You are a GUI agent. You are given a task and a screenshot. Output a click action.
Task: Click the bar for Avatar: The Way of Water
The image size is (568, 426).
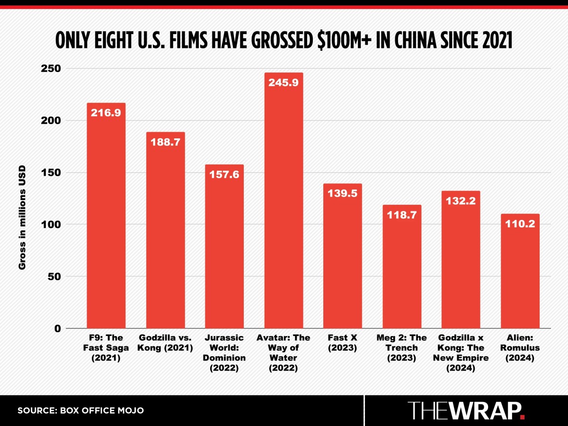tap(284, 204)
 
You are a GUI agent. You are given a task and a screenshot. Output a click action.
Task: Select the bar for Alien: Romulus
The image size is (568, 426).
tap(520, 275)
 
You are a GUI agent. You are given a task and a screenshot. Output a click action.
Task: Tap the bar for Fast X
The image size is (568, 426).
tap(342, 261)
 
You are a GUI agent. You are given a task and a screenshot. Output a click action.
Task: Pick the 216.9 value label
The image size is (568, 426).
tap(106, 113)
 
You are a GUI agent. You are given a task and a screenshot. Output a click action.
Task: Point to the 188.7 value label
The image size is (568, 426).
tap(165, 142)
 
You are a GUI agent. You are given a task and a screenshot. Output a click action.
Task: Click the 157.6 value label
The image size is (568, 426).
tap(224, 174)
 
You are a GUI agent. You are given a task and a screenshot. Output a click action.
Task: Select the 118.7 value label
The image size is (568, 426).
tap(401, 215)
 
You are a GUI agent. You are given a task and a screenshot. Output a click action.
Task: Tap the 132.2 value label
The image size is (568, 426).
tap(461, 201)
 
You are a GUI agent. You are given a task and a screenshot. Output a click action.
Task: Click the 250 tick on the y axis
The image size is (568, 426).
tap(51, 68)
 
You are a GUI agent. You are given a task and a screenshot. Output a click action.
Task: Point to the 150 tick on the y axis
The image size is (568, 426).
tap(51, 172)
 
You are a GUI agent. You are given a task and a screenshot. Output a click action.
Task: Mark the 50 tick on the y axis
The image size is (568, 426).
tap(54, 276)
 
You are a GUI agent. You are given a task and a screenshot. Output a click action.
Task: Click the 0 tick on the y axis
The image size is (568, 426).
tap(58, 328)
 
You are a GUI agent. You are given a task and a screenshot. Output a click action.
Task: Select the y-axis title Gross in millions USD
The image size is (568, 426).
tap(22, 218)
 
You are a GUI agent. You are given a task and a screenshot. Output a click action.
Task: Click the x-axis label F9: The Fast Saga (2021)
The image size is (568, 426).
tap(106, 348)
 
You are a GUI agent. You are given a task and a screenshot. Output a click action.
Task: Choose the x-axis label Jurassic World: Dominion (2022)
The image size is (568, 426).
tap(224, 353)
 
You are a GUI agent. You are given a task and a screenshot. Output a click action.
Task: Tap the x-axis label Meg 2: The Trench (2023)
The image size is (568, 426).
tap(401, 348)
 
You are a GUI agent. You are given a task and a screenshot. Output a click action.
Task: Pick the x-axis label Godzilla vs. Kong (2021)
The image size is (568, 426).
tap(165, 343)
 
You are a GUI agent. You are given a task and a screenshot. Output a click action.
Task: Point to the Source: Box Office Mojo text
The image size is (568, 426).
tap(80, 410)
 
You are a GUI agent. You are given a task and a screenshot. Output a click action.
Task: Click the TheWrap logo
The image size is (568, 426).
tap(466, 410)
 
